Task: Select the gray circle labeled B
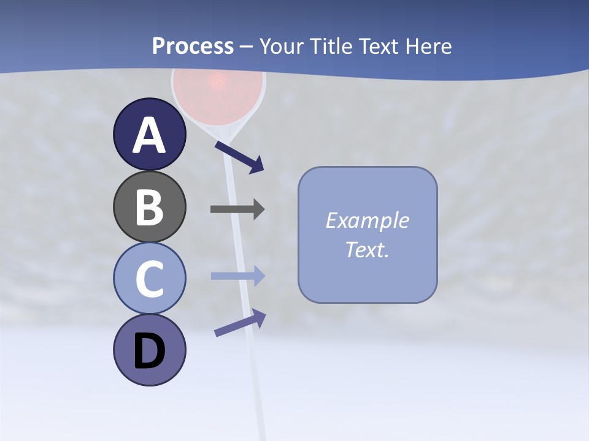click(149, 207)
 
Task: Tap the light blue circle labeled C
click(149, 278)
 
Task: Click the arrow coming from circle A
click(239, 156)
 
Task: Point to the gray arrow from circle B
click(237, 209)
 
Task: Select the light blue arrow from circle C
click(238, 276)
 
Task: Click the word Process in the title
click(193, 46)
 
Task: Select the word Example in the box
click(367, 221)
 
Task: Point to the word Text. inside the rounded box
click(367, 250)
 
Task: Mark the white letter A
click(149, 135)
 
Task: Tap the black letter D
click(149, 352)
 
